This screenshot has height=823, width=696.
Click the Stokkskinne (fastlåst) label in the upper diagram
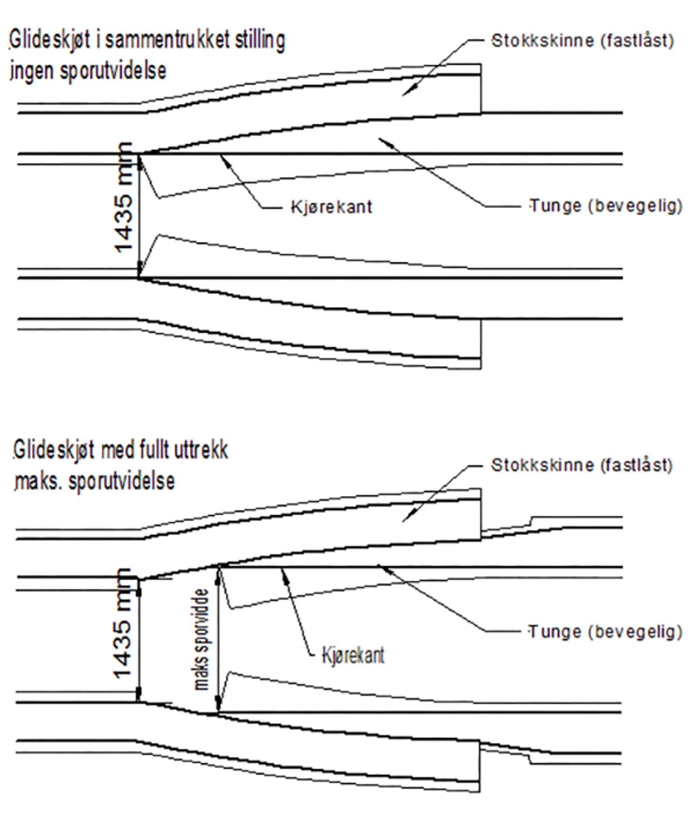(582, 41)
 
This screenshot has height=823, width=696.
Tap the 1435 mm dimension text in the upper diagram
(124, 198)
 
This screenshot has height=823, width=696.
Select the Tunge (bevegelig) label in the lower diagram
(605, 631)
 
